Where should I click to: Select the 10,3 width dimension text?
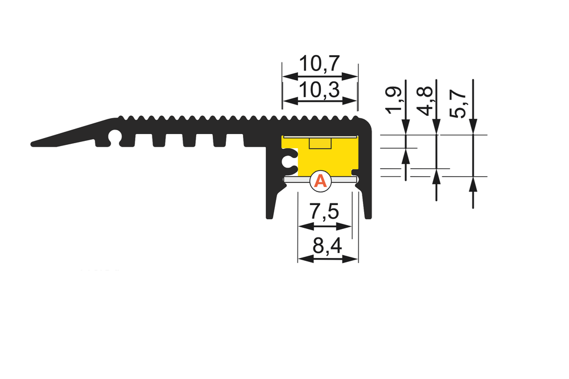320,89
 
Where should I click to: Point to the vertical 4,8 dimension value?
427,100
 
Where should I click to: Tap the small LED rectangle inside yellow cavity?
320,143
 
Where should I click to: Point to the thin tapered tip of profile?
34,143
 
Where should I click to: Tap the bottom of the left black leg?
269,216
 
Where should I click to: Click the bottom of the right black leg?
368,216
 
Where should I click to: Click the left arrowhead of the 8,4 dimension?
302,259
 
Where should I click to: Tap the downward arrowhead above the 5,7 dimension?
473,130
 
